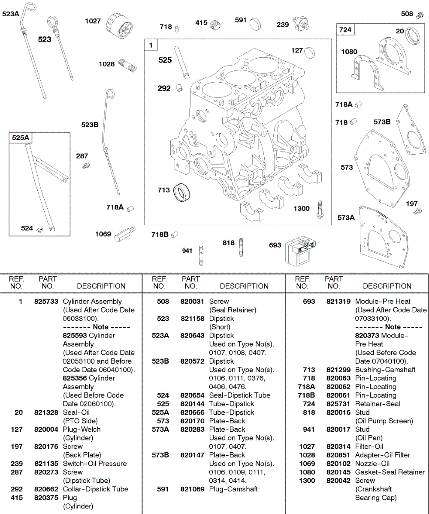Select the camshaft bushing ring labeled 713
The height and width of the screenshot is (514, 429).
182,192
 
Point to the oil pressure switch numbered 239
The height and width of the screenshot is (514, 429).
300,24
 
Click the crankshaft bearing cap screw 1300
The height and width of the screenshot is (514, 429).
320,210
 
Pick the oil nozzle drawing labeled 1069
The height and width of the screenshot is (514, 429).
125,234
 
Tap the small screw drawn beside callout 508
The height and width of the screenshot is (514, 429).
420,15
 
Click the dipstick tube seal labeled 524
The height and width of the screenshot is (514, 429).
39,230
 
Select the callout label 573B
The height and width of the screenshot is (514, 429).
382,122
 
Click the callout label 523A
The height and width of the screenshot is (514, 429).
11,14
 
